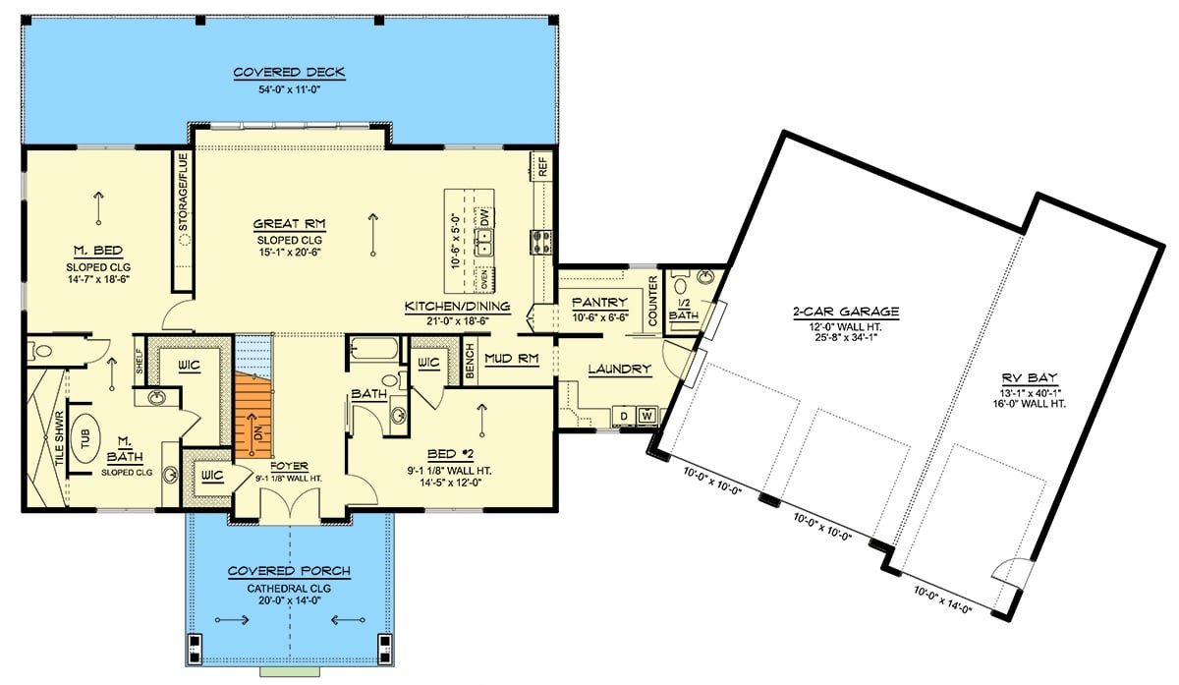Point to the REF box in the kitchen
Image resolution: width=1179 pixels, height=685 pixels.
click(541, 165)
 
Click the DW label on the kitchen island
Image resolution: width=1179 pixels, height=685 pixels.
click(484, 221)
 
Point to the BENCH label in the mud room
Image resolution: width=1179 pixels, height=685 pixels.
click(471, 360)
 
